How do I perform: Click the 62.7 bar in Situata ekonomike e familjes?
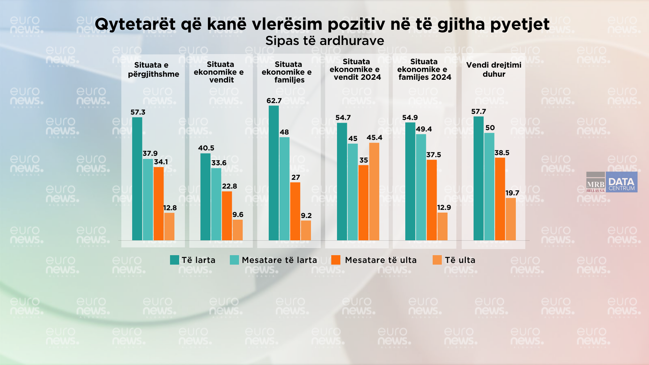[274, 173]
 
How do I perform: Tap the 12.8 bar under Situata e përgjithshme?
[169, 226]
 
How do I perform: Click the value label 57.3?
[138, 112]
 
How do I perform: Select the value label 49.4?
[424, 129]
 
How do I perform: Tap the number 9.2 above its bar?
[306, 216]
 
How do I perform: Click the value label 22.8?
[230, 186]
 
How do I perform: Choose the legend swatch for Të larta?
[174, 260]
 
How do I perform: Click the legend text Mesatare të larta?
[280, 260]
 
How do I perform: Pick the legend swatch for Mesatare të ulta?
[336, 260]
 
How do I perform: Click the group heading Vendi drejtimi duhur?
[494, 69]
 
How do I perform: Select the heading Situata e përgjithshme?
[153, 69]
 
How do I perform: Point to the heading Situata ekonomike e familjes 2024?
[424, 69]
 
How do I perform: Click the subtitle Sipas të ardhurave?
[324, 41]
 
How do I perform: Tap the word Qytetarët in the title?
[135, 24]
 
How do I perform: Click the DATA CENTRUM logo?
[622, 182]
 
